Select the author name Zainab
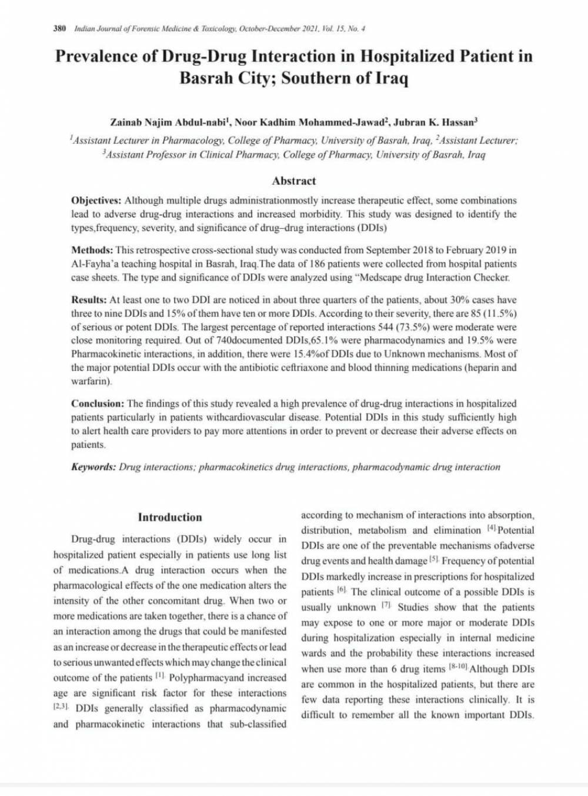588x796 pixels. click(126, 123)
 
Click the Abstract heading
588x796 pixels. click(293, 181)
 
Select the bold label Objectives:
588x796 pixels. click(96, 201)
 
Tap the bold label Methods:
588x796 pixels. click(92, 251)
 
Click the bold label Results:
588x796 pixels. click(89, 300)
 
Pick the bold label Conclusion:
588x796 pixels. click(98, 404)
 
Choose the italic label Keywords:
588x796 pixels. click(93, 467)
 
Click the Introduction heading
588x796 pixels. click(169, 518)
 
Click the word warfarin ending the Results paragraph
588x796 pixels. click(90, 381)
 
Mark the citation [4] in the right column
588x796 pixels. click(491, 528)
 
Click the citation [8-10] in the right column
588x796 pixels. click(459, 667)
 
